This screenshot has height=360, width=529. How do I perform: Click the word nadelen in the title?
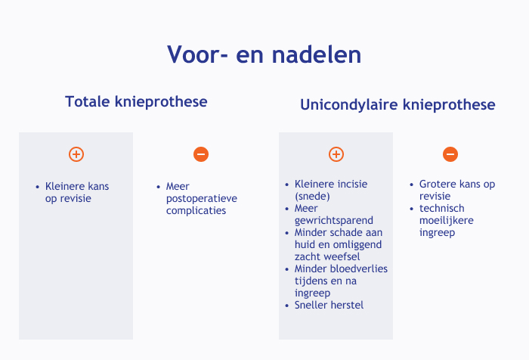point(317,54)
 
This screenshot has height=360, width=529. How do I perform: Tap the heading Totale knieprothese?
point(136,101)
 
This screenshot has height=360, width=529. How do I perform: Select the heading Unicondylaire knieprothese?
point(398,104)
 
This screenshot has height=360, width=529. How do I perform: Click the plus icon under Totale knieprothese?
point(76,154)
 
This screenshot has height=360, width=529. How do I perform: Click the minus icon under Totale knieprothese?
point(201,154)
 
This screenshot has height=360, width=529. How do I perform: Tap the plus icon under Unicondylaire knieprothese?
point(336,154)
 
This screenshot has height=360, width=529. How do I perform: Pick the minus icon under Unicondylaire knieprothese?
point(450,154)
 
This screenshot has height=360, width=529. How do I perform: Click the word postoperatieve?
point(202,199)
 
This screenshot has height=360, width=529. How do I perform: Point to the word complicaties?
point(196,211)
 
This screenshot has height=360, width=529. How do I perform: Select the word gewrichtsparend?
point(334,221)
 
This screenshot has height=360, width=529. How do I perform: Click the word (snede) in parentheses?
point(312,196)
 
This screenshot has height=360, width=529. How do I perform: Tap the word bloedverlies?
point(359,268)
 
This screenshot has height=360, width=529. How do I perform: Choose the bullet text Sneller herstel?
point(329,306)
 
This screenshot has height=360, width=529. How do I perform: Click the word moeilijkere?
point(447,221)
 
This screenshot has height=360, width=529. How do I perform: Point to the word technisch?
point(441,209)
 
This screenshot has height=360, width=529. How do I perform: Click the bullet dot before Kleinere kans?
point(38,187)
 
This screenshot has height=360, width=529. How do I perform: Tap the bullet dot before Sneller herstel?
point(287,306)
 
